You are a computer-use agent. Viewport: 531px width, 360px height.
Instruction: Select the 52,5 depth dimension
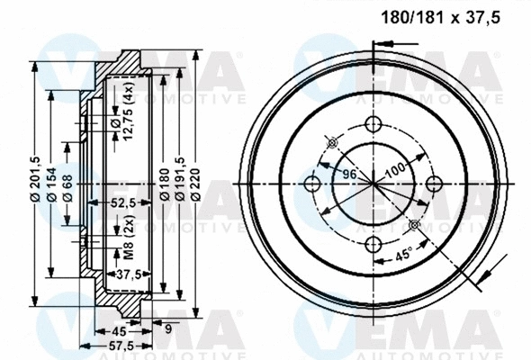click(x=121, y=202)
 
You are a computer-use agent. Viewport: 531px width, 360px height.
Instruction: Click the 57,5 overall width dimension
click(x=121, y=345)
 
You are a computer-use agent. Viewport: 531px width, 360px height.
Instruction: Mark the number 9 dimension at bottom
click(x=167, y=328)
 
